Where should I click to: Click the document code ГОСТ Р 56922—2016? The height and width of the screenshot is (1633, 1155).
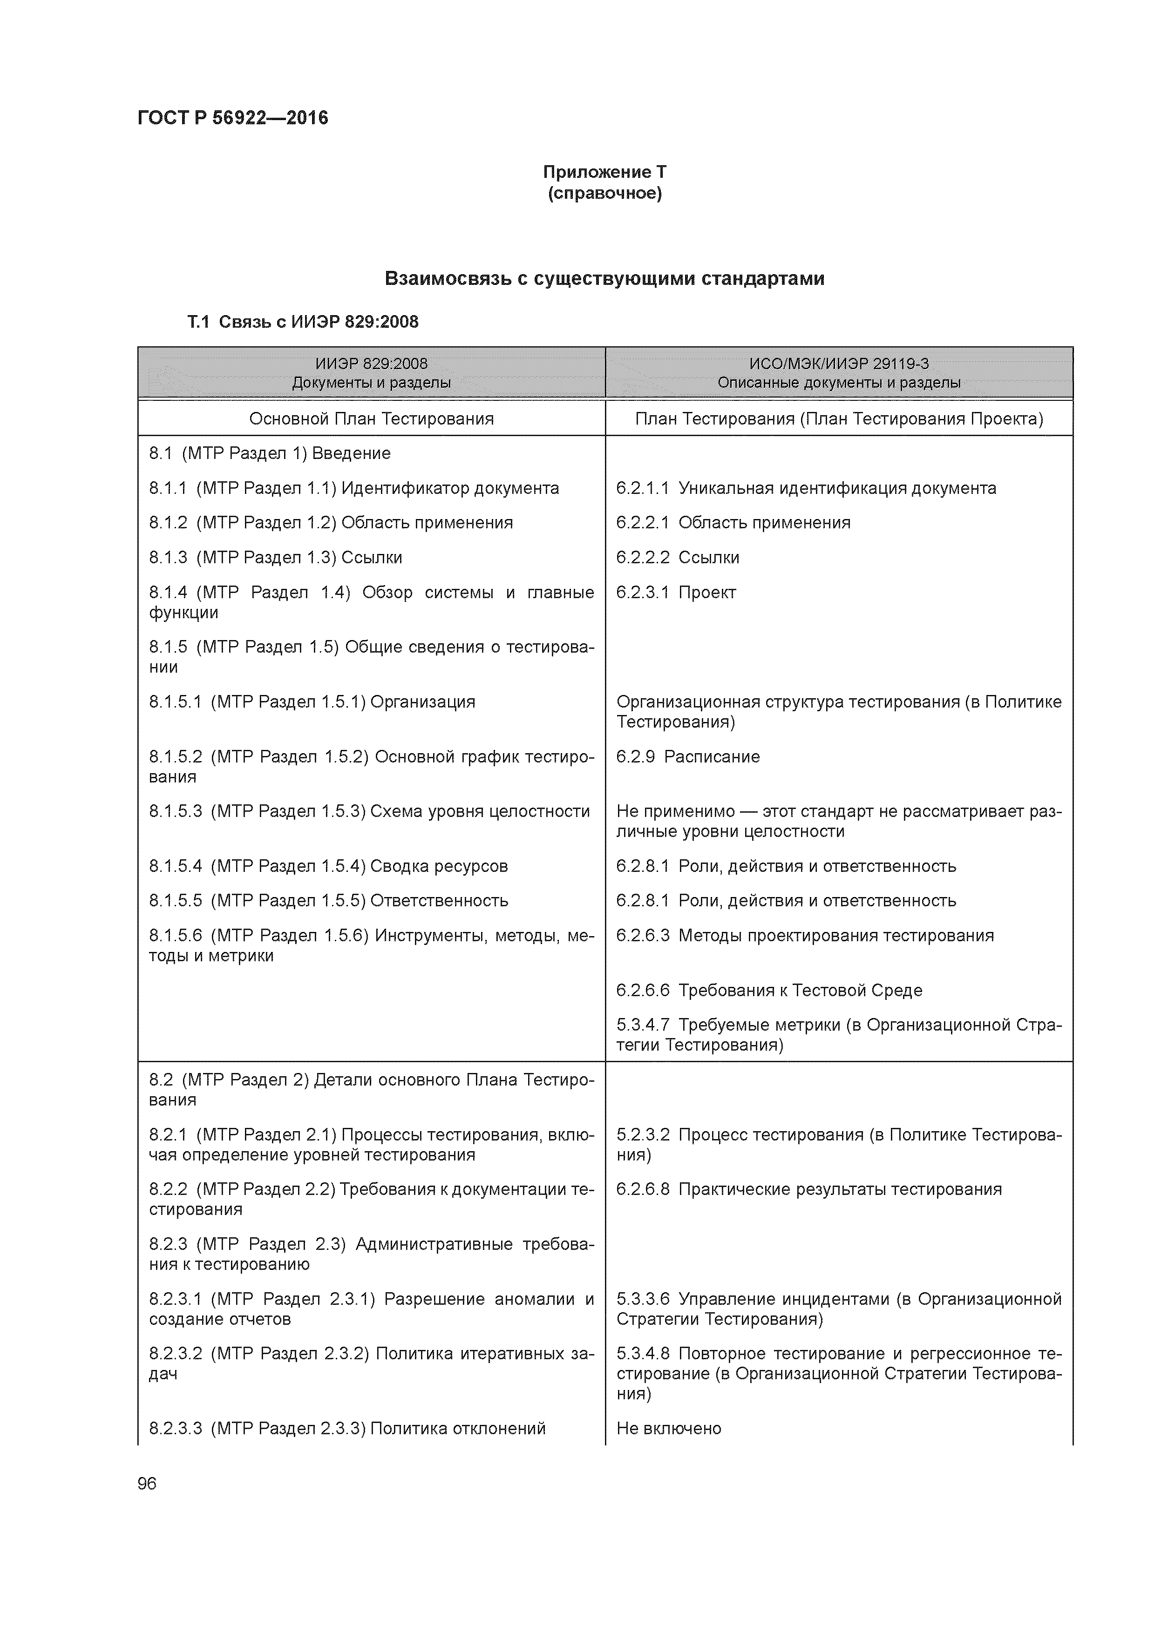(x=233, y=117)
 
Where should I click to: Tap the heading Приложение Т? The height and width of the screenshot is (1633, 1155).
(x=604, y=172)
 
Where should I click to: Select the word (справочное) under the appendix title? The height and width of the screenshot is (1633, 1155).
(x=604, y=194)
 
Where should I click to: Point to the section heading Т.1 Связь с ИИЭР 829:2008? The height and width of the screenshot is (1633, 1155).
(x=302, y=322)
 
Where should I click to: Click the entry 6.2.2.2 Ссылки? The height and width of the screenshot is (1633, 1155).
(x=678, y=558)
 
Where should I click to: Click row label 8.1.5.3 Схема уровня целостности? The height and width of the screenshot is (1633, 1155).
(x=369, y=811)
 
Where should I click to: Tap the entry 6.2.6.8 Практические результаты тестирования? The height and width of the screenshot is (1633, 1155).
(x=808, y=1189)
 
